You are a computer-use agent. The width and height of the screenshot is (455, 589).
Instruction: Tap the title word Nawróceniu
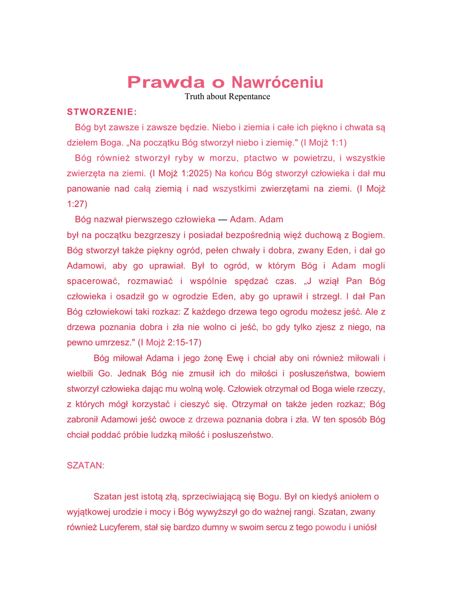(277, 82)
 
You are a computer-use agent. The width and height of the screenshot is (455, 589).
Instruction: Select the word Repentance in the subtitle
(249, 97)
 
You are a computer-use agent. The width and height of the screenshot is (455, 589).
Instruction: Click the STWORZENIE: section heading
(102, 112)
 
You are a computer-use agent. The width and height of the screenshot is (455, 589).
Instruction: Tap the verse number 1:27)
(77, 204)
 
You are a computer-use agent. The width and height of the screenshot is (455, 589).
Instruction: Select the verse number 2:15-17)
(181, 342)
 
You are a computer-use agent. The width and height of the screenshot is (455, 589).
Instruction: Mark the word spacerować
(93, 281)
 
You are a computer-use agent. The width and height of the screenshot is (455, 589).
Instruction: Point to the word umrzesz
(112, 342)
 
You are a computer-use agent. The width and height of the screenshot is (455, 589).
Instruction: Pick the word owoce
(171, 419)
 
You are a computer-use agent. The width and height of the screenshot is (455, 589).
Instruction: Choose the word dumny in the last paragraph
(212, 527)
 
